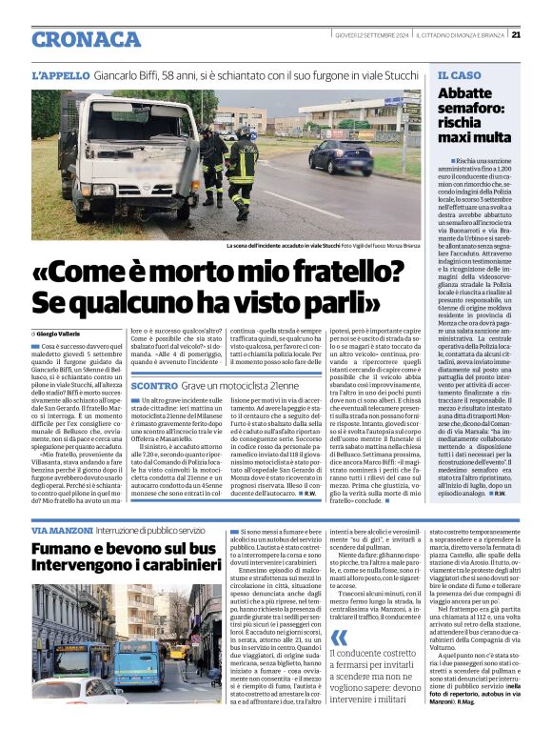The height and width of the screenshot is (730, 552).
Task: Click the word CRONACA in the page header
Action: click(x=87, y=39)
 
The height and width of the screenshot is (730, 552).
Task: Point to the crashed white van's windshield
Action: click(x=113, y=130)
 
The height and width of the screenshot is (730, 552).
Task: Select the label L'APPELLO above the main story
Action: click(x=60, y=74)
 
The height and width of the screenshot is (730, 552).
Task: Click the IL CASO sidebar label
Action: click(x=460, y=74)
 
